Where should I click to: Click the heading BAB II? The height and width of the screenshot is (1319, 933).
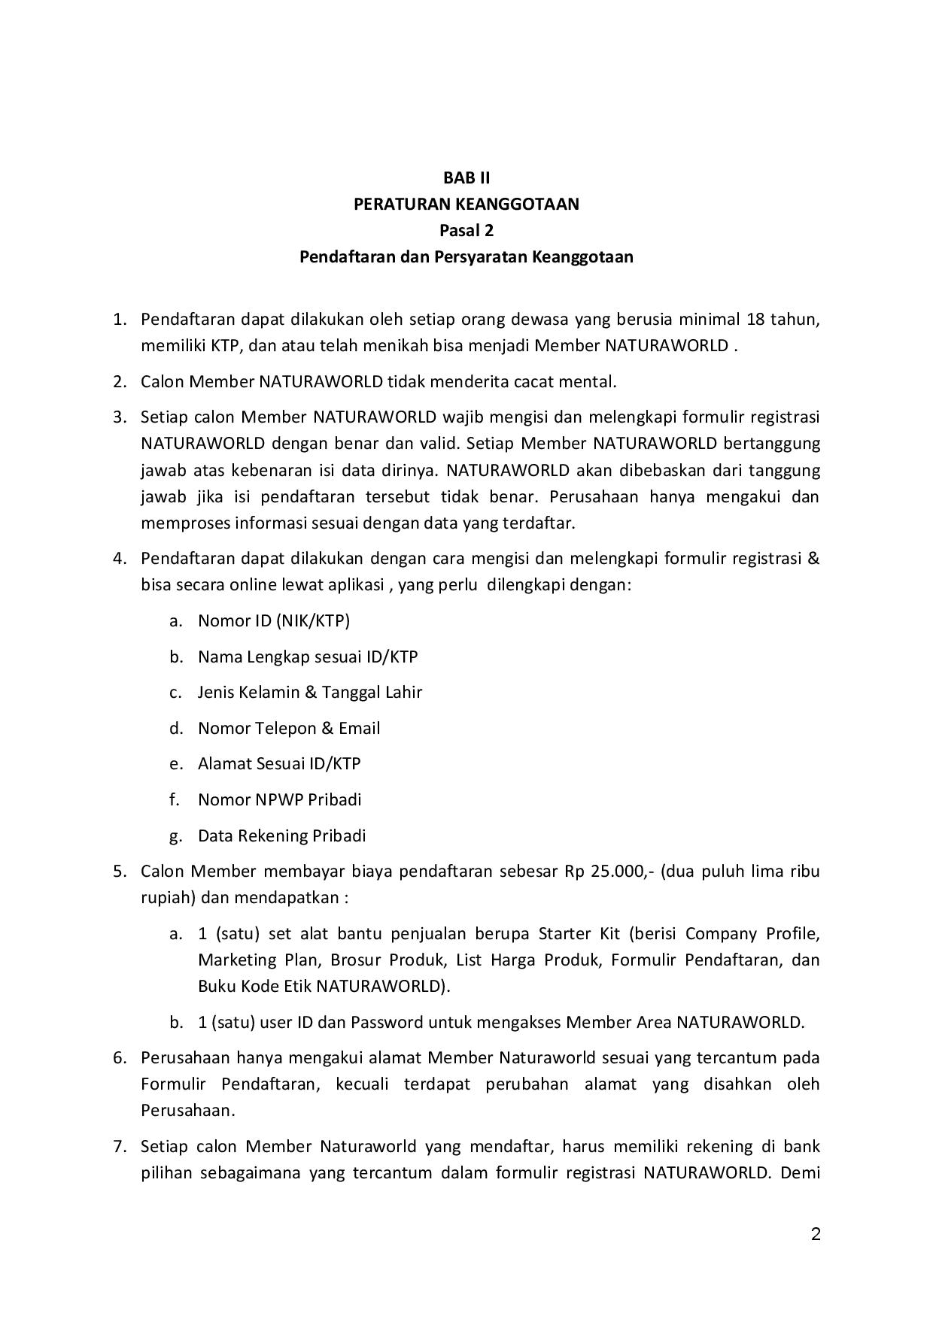[466, 177]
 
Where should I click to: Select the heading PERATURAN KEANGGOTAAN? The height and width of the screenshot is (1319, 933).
[466, 204]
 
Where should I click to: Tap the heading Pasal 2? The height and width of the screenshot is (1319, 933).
[466, 230]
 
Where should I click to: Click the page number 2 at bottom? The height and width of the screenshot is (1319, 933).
[816, 1234]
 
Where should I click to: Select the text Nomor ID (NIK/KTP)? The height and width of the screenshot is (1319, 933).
[274, 620]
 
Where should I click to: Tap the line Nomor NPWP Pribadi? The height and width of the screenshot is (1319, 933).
[279, 799]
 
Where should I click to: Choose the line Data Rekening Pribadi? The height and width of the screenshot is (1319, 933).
[281, 835]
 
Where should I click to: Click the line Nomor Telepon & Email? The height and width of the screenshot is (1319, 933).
[289, 728]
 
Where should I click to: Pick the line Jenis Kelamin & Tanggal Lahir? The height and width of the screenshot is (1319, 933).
[309, 692]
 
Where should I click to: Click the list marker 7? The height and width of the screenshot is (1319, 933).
[118, 1147]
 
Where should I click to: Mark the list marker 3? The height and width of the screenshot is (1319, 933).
[118, 417]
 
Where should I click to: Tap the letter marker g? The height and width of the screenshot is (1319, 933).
[175, 835]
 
